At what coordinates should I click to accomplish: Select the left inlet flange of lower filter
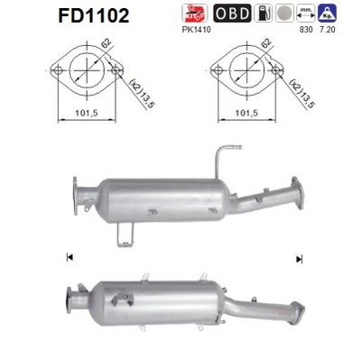75,297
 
